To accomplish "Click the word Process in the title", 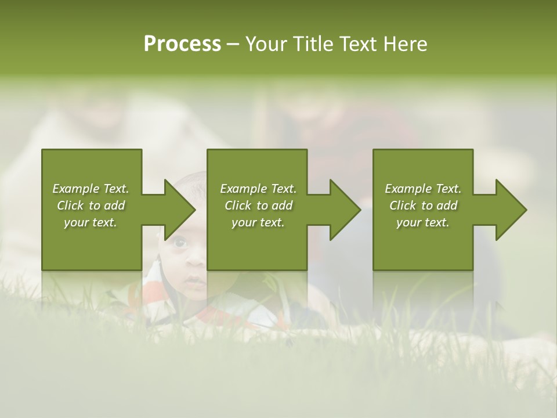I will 182,44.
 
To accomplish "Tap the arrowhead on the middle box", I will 345,210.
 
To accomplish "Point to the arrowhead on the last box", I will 511,210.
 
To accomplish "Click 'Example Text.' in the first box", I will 91,189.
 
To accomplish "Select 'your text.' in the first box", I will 91,222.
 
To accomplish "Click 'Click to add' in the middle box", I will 258,206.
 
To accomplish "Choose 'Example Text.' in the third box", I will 423,189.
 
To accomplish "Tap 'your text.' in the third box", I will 423,222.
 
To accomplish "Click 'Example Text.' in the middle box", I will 258,189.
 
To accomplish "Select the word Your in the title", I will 265,44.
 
